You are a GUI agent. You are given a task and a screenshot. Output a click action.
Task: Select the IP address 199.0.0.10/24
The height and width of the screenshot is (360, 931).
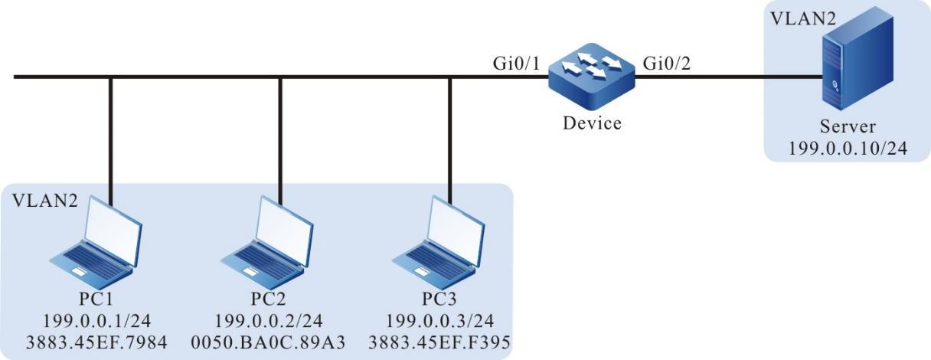847,149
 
